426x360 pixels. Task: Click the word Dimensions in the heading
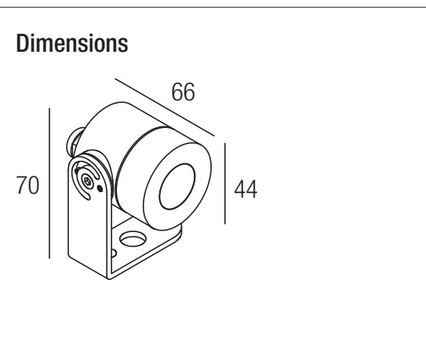coord(72,43)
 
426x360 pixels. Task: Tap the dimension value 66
coord(183,92)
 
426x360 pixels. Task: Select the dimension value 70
coord(27,185)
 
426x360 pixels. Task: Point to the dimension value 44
coord(246,189)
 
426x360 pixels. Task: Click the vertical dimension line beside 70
coord(49,183)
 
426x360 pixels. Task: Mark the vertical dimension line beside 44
coord(225,184)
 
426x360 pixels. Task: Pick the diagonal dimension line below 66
coord(165,107)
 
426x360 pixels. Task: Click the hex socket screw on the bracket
coord(88,180)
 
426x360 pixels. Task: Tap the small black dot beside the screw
coord(100,188)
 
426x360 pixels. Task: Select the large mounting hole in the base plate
coord(133,238)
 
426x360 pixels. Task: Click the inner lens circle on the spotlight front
coord(177,187)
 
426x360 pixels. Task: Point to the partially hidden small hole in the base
coord(114,253)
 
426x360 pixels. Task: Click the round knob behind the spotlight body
coord(74,142)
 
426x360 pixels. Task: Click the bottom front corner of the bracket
coord(109,278)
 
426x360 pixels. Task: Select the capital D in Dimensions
coord(22,43)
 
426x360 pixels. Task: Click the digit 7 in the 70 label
coord(22,185)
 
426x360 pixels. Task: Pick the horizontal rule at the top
coord(213,7)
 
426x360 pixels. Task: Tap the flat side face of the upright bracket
coord(89,231)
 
